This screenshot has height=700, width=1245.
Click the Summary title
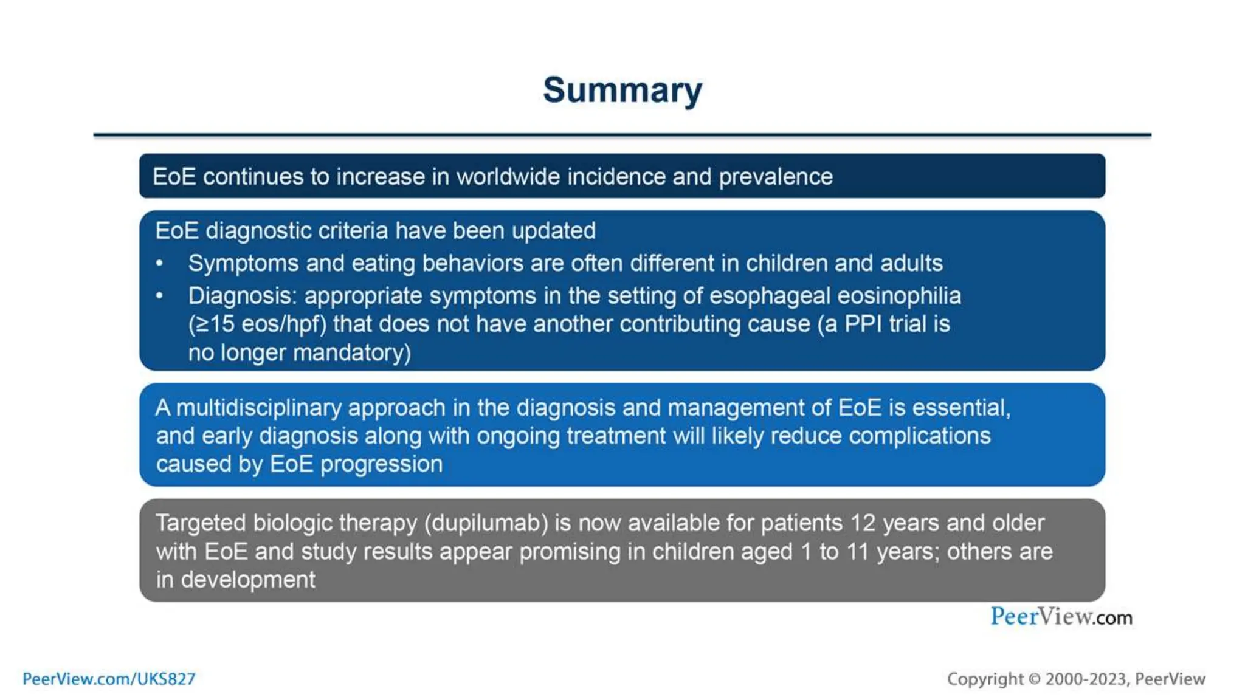tap(622, 91)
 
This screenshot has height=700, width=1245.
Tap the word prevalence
tap(776, 177)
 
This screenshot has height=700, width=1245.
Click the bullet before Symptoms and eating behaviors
tap(159, 264)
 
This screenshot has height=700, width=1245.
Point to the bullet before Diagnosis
tap(159, 296)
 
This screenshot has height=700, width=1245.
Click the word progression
tap(381, 464)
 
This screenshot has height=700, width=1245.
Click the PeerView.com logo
tap(1061, 617)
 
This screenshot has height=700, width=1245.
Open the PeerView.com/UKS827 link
tap(109, 679)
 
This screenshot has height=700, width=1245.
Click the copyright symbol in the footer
tap(1034, 679)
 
